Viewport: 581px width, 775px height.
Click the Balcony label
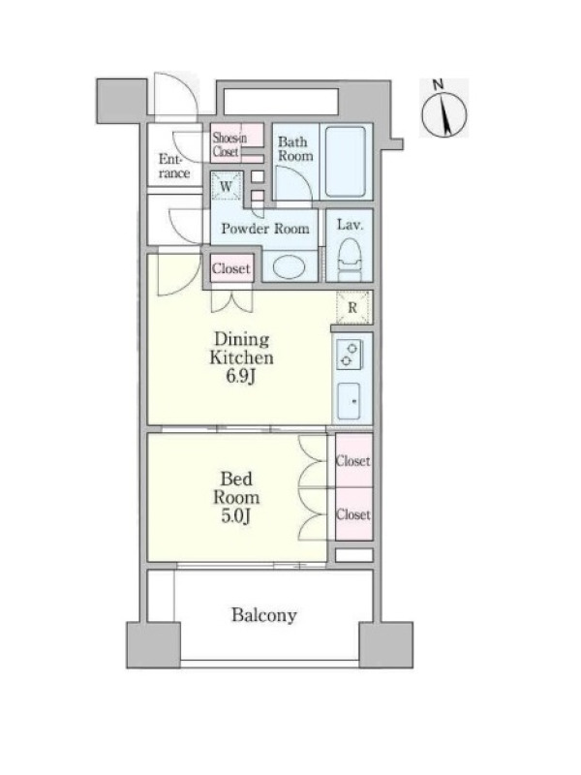tap(263, 615)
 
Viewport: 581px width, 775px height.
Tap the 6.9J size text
tap(240, 376)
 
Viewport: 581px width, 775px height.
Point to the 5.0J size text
tap(236, 516)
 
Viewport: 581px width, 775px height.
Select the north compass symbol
tap(443, 109)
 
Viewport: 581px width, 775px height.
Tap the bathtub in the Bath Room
tap(346, 162)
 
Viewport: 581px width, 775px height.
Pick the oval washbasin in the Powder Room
tap(290, 267)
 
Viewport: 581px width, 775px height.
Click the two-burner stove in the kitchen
tap(350, 355)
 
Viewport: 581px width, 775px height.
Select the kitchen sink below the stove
tap(349, 401)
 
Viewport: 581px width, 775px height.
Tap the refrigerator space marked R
tap(352, 307)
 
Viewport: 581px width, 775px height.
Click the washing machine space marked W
tap(227, 186)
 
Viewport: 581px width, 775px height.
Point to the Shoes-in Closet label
tap(229, 144)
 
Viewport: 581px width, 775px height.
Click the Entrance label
tap(174, 166)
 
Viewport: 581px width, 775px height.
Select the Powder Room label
tap(265, 229)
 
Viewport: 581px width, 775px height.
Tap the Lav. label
tap(350, 225)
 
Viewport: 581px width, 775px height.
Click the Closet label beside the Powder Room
tap(231, 268)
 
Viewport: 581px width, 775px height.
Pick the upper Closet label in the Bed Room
tap(352, 461)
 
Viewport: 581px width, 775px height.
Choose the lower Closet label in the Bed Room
tap(352, 514)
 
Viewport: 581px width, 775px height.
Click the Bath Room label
tap(295, 149)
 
